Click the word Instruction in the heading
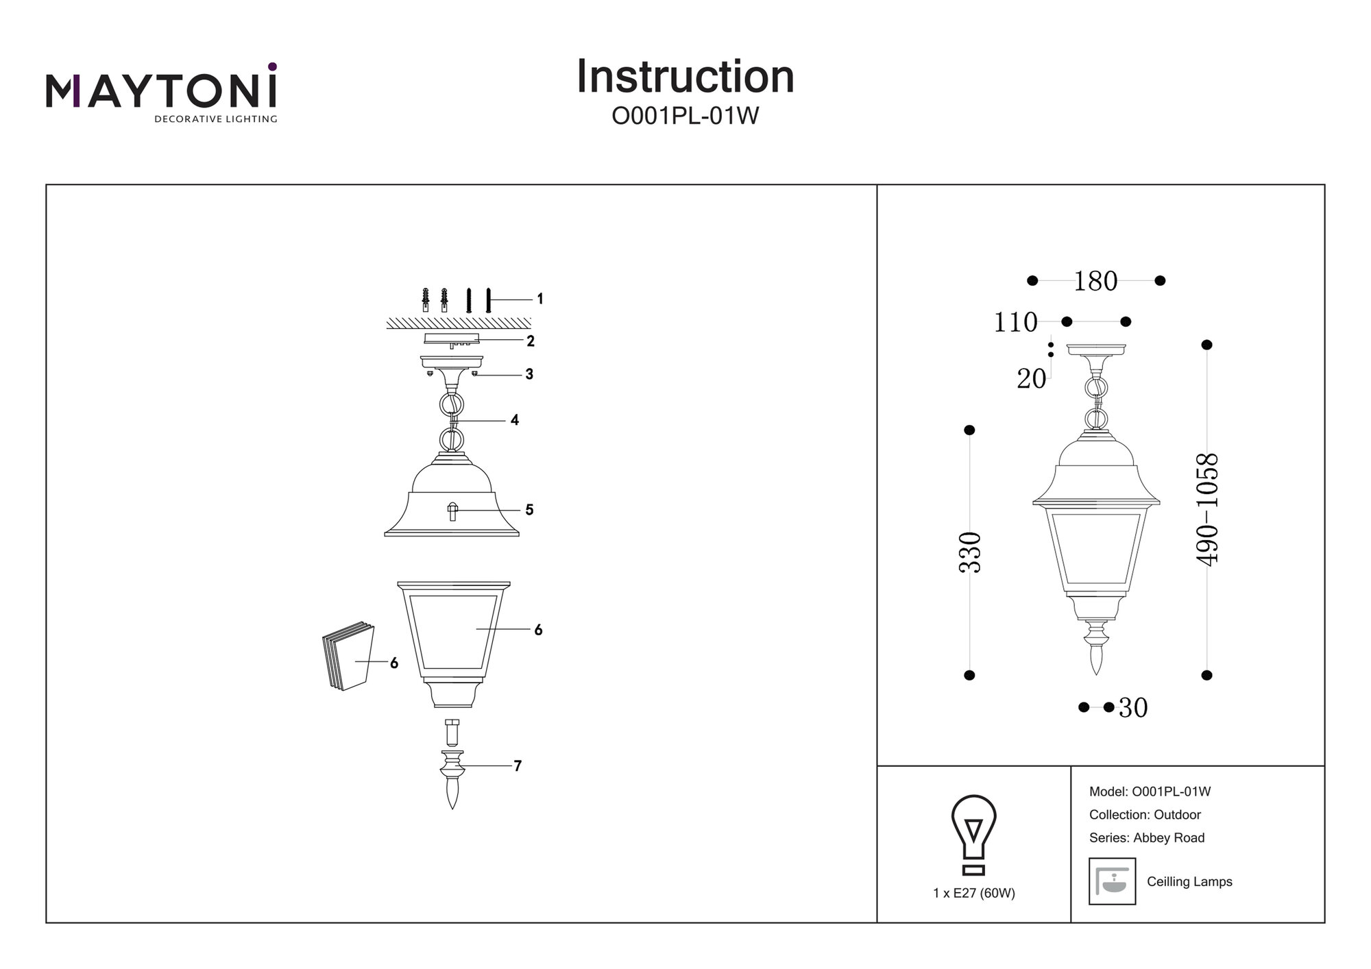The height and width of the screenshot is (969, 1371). [x=685, y=77]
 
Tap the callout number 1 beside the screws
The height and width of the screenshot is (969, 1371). [x=540, y=299]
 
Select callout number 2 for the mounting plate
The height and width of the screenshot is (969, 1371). [x=531, y=341]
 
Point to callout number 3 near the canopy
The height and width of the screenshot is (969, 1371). [x=529, y=374]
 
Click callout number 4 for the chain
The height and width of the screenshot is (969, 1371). [x=515, y=420]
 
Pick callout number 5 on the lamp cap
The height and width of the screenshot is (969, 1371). [x=529, y=510]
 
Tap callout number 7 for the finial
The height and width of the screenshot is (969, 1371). [x=518, y=766]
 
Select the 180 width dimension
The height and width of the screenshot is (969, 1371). [x=1095, y=281]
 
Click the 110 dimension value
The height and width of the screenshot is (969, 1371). [x=1016, y=322]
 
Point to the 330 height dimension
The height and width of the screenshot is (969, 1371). [x=970, y=552]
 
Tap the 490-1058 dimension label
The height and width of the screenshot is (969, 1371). [x=1207, y=509]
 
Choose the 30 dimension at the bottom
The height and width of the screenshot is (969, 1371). [x=1133, y=708]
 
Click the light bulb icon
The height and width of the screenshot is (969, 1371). [x=973, y=835]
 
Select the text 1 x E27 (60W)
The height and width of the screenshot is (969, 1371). [x=973, y=894]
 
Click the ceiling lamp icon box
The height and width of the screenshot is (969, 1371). [x=1112, y=881]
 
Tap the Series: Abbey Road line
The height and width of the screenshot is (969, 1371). [x=1146, y=837]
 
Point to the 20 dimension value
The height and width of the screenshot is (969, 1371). [x=1031, y=379]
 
